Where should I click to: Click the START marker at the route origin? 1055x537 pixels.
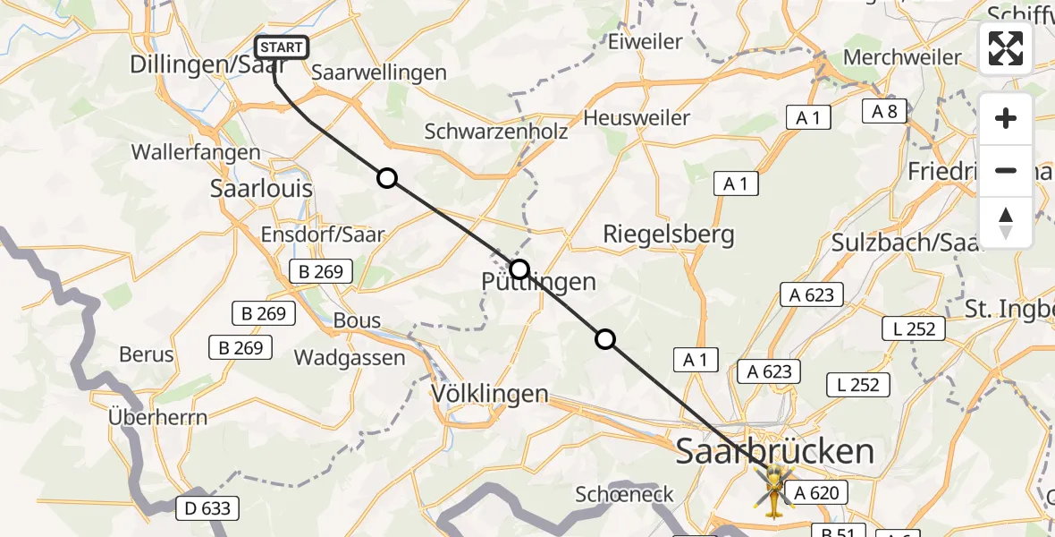coord(283,47)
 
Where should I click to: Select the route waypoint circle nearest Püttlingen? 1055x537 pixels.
coord(519,268)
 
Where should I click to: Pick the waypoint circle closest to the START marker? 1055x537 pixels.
coord(387,178)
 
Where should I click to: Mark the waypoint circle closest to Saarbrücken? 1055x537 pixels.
coord(605,339)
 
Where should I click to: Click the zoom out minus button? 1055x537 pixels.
coord(1006,170)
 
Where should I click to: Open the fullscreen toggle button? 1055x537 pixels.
coord(1006,48)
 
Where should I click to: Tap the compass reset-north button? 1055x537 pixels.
coord(1006,223)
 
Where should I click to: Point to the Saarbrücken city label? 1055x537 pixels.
coord(775,451)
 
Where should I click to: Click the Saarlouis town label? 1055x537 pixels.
coord(261,189)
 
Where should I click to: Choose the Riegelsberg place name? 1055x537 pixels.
coord(669,234)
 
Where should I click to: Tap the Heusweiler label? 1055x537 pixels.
coord(637,117)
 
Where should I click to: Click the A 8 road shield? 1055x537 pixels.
coord(885,111)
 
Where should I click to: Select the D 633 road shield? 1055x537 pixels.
coord(207,508)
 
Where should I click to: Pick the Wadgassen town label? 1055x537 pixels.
coord(350,358)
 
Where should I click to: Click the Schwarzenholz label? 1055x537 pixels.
coord(496,132)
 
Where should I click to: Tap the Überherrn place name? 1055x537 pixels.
coord(157,417)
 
